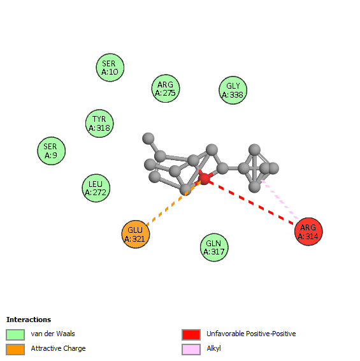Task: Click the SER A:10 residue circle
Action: coord(110,68)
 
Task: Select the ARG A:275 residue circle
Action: coord(166,89)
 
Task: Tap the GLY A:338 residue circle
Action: coord(233,90)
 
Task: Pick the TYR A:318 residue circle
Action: coord(99,123)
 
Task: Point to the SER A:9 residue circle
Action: coord(52,151)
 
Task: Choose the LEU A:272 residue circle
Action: coord(96,188)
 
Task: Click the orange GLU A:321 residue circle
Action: coord(136,234)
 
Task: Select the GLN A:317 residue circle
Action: coord(214,247)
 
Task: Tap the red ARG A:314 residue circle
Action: coord(308,232)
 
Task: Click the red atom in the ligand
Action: coord(204,179)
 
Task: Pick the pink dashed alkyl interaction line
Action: coord(280,200)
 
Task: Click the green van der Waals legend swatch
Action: coord(15,334)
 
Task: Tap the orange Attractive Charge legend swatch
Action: coord(15,350)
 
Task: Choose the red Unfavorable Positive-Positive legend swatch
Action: coord(191,334)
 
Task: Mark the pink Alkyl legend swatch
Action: coord(191,350)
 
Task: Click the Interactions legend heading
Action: coord(29,320)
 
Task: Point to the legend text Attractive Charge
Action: coord(58,349)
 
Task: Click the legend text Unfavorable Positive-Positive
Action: coord(251,334)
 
